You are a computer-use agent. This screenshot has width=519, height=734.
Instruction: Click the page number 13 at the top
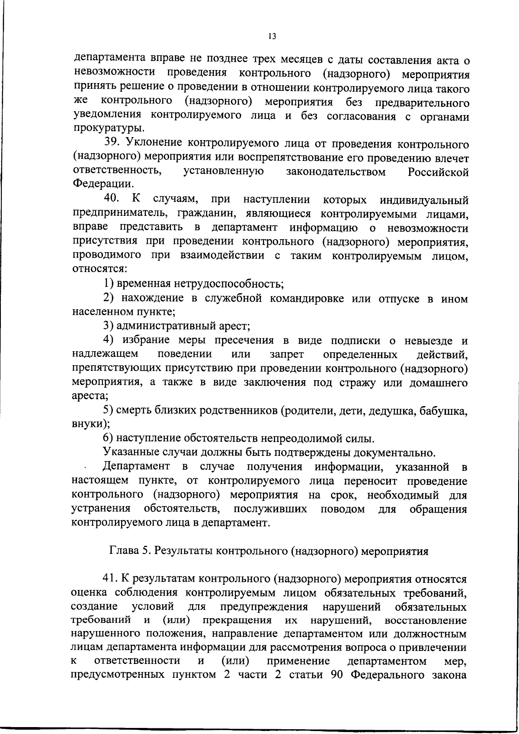pos(272,37)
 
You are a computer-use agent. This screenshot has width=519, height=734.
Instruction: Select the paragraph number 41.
pos(110,579)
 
